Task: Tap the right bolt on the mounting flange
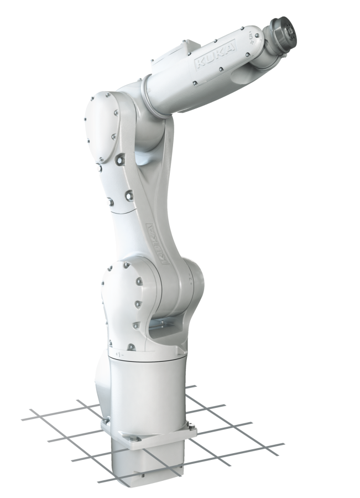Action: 191,426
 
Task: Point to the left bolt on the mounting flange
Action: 105,423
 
